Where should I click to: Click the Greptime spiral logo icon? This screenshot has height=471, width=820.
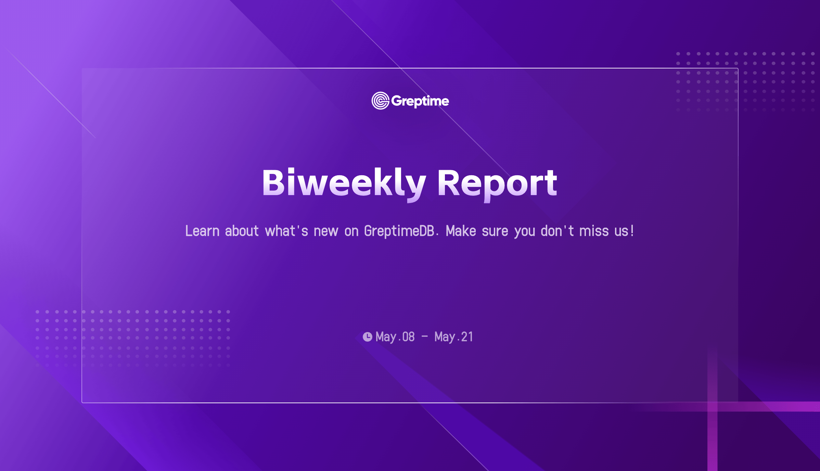click(380, 101)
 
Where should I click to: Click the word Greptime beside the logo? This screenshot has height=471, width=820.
click(420, 101)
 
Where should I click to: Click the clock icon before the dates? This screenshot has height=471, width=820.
click(367, 337)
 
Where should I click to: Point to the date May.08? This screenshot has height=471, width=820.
click(395, 337)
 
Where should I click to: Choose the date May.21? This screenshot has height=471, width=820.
click(454, 337)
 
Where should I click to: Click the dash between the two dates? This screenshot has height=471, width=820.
click(425, 337)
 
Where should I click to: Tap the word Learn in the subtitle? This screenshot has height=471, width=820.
click(202, 231)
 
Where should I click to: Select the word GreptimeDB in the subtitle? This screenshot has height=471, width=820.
click(399, 231)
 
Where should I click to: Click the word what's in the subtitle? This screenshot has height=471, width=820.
click(286, 231)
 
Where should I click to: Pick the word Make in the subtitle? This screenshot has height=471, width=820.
click(461, 231)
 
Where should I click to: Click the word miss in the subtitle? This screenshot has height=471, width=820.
click(594, 231)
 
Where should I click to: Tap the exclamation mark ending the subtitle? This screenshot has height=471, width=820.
click(632, 231)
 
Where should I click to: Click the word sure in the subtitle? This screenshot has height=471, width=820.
click(495, 232)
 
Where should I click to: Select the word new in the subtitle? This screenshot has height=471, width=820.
click(326, 232)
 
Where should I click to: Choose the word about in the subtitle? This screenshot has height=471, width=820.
click(242, 231)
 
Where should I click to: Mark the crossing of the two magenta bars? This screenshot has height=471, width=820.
click(712, 406)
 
